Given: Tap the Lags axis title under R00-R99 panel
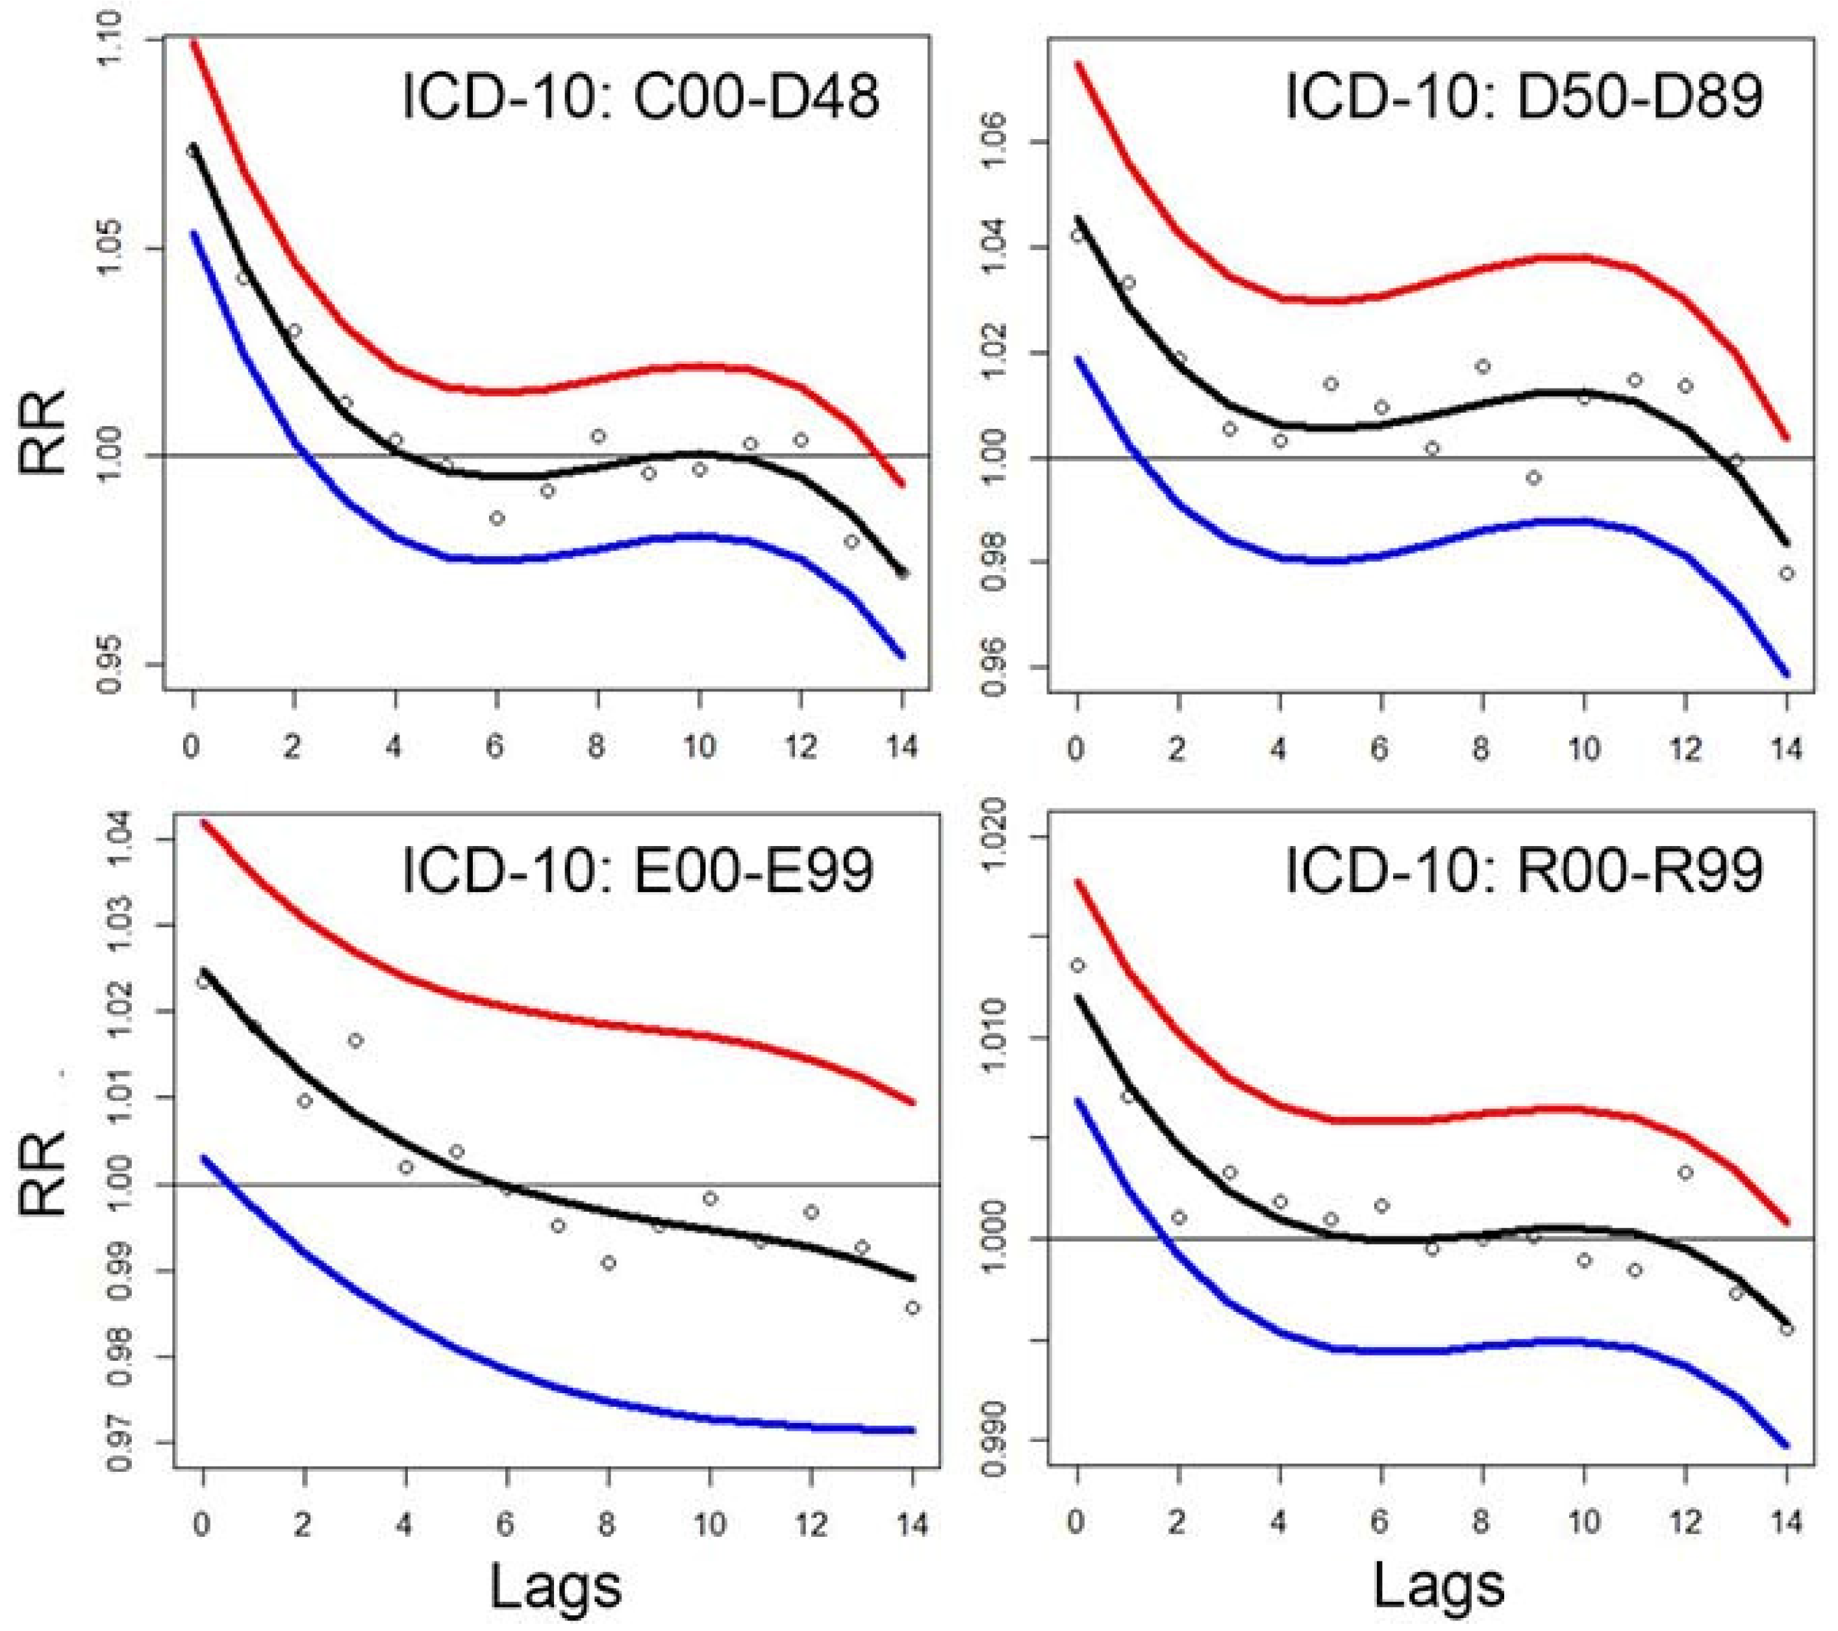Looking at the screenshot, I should (x=1439, y=1586).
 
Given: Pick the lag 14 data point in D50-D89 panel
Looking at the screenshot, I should (x=1787, y=573).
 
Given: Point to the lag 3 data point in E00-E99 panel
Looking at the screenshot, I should (x=355, y=1040).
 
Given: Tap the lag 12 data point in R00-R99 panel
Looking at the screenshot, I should (x=1685, y=1172).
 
